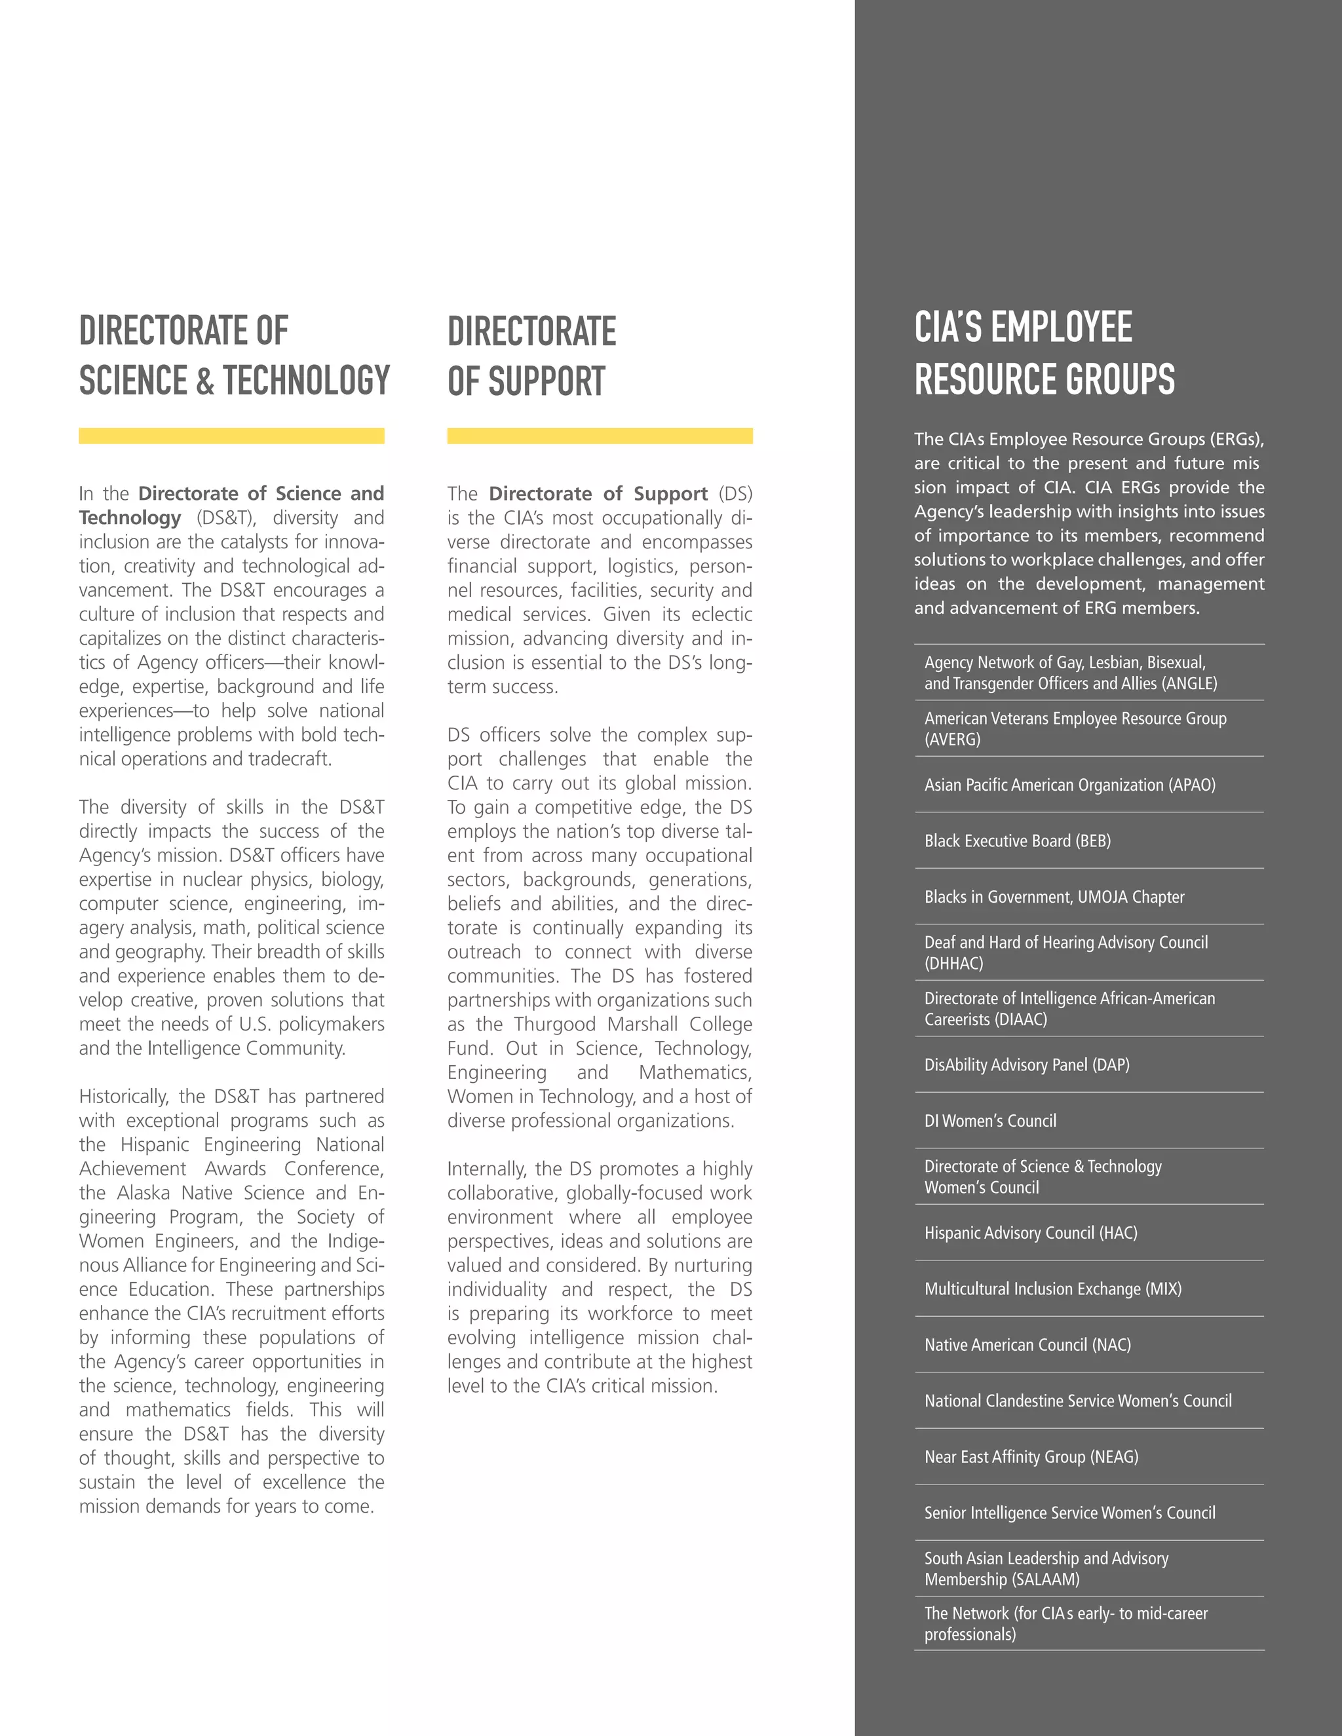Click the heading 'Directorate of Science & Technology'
point(234,355)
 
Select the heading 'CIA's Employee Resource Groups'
point(1044,353)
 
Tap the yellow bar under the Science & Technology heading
point(231,436)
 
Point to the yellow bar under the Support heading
point(600,436)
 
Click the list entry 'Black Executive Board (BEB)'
point(1017,840)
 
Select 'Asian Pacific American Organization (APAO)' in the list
point(1069,785)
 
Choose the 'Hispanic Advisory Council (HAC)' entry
point(1030,1233)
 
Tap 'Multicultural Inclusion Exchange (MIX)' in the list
point(1052,1289)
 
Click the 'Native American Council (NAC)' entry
point(1027,1345)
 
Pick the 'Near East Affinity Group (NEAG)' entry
point(1031,1457)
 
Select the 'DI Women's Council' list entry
point(990,1121)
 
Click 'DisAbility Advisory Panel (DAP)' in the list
point(1026,1065)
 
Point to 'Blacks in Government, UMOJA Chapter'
point(1054,897)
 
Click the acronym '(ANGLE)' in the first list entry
point(1189,683)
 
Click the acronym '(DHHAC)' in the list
point(953,964)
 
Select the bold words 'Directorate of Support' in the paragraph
point(598,494)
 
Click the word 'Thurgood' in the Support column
point(554,1024)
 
